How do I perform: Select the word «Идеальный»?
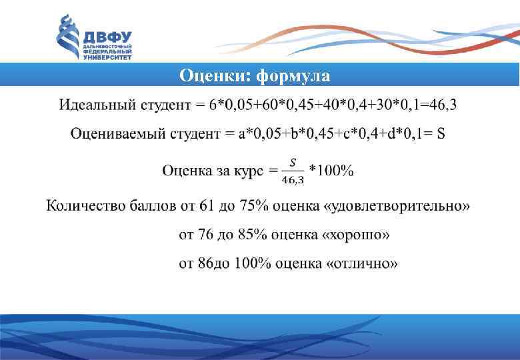point(98,105)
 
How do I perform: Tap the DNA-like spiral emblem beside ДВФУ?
point(67,38)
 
